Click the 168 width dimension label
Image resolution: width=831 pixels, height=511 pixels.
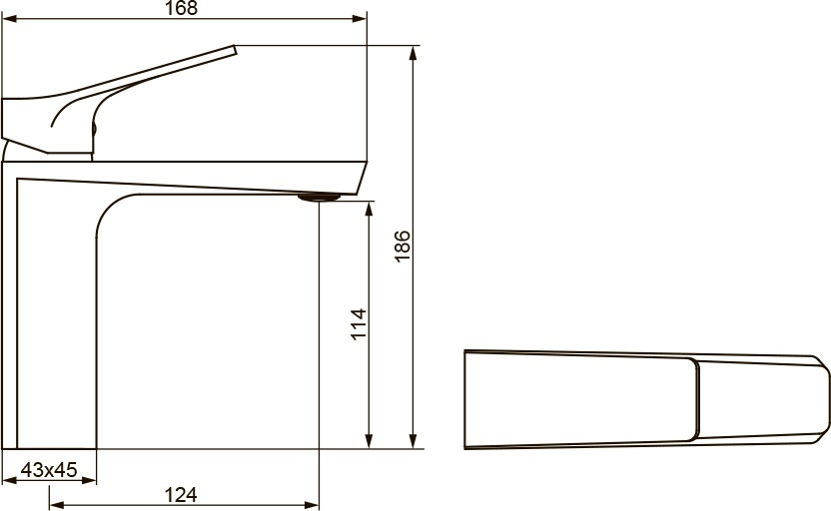pyautogui.click(x=181, y=8)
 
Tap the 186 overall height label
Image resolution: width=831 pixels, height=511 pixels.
pyautogui.click(x=403, y=246)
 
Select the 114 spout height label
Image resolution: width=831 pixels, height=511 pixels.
pyautogui.click(x=359, y=324)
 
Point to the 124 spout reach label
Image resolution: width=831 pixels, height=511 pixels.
pyautogui.click(x=181, y=495)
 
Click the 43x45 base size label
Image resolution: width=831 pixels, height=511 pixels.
pyautogui.click(x=49, y=469)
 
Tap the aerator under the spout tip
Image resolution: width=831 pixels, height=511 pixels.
pyautogui.click(x=319, y=198)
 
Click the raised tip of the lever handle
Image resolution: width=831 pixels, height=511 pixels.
pyautogui.click(x=234, y=49)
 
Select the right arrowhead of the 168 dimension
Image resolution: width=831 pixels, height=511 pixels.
pyautogui.click(x=360, y=19)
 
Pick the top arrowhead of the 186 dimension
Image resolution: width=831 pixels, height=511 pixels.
pyautogui.click(x=414, y=53)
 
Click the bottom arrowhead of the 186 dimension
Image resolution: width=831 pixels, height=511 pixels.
pyautogui.click(x=414, y=441)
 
